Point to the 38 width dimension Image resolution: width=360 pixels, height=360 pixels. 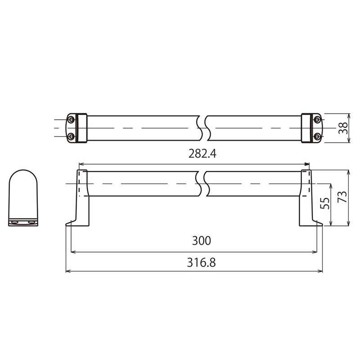pyautogui.click(x=343, y=128)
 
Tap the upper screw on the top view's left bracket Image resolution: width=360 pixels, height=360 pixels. pyautogui.click(x=71, y=120)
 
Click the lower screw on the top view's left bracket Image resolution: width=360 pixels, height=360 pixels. pyautogui.click(x=71, y=136)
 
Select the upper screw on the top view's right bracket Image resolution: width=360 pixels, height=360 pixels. pyautogui.click(x=317, y=120)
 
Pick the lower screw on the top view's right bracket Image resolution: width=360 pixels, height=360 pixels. pyautogui.click(x=317, y=136)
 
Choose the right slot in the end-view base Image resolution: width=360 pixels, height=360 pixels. pyautogui.click(x=31, y=222)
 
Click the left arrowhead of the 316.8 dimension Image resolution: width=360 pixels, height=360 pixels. pyautogui.click(x=68, y=271)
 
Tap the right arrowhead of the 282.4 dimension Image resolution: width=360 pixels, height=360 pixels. pyautogui.click(x=307, y=164)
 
